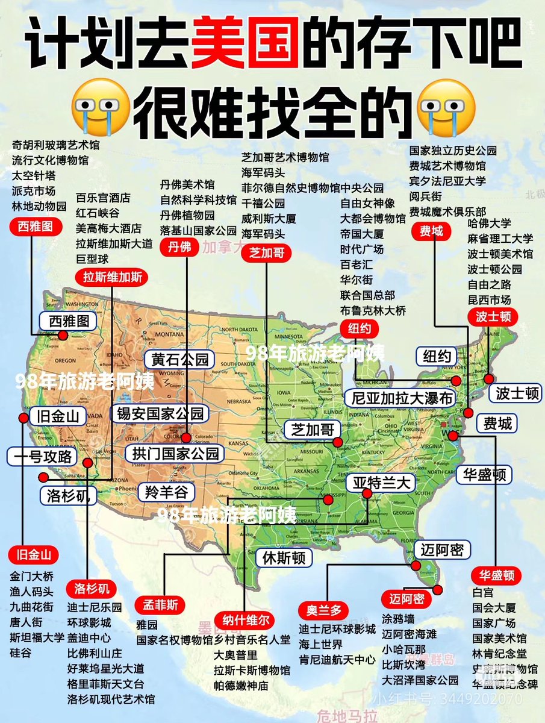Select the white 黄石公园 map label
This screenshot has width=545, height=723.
click(179, 360)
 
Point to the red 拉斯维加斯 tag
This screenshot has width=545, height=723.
click(112, 277)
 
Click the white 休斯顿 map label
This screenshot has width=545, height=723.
click(284, 557)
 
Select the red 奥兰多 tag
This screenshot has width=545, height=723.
click(324, 610)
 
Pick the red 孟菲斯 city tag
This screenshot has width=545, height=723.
click(160, 604)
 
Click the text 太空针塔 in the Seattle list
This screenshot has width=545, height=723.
click(34, 175)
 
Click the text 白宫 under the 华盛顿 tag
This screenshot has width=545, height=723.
click(482, 592)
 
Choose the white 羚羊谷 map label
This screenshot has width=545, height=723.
click(166, 492)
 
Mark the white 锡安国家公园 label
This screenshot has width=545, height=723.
click(160, 413)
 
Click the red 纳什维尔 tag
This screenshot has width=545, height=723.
click(246, 620)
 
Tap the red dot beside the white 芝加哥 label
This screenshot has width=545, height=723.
click(337, 443)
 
